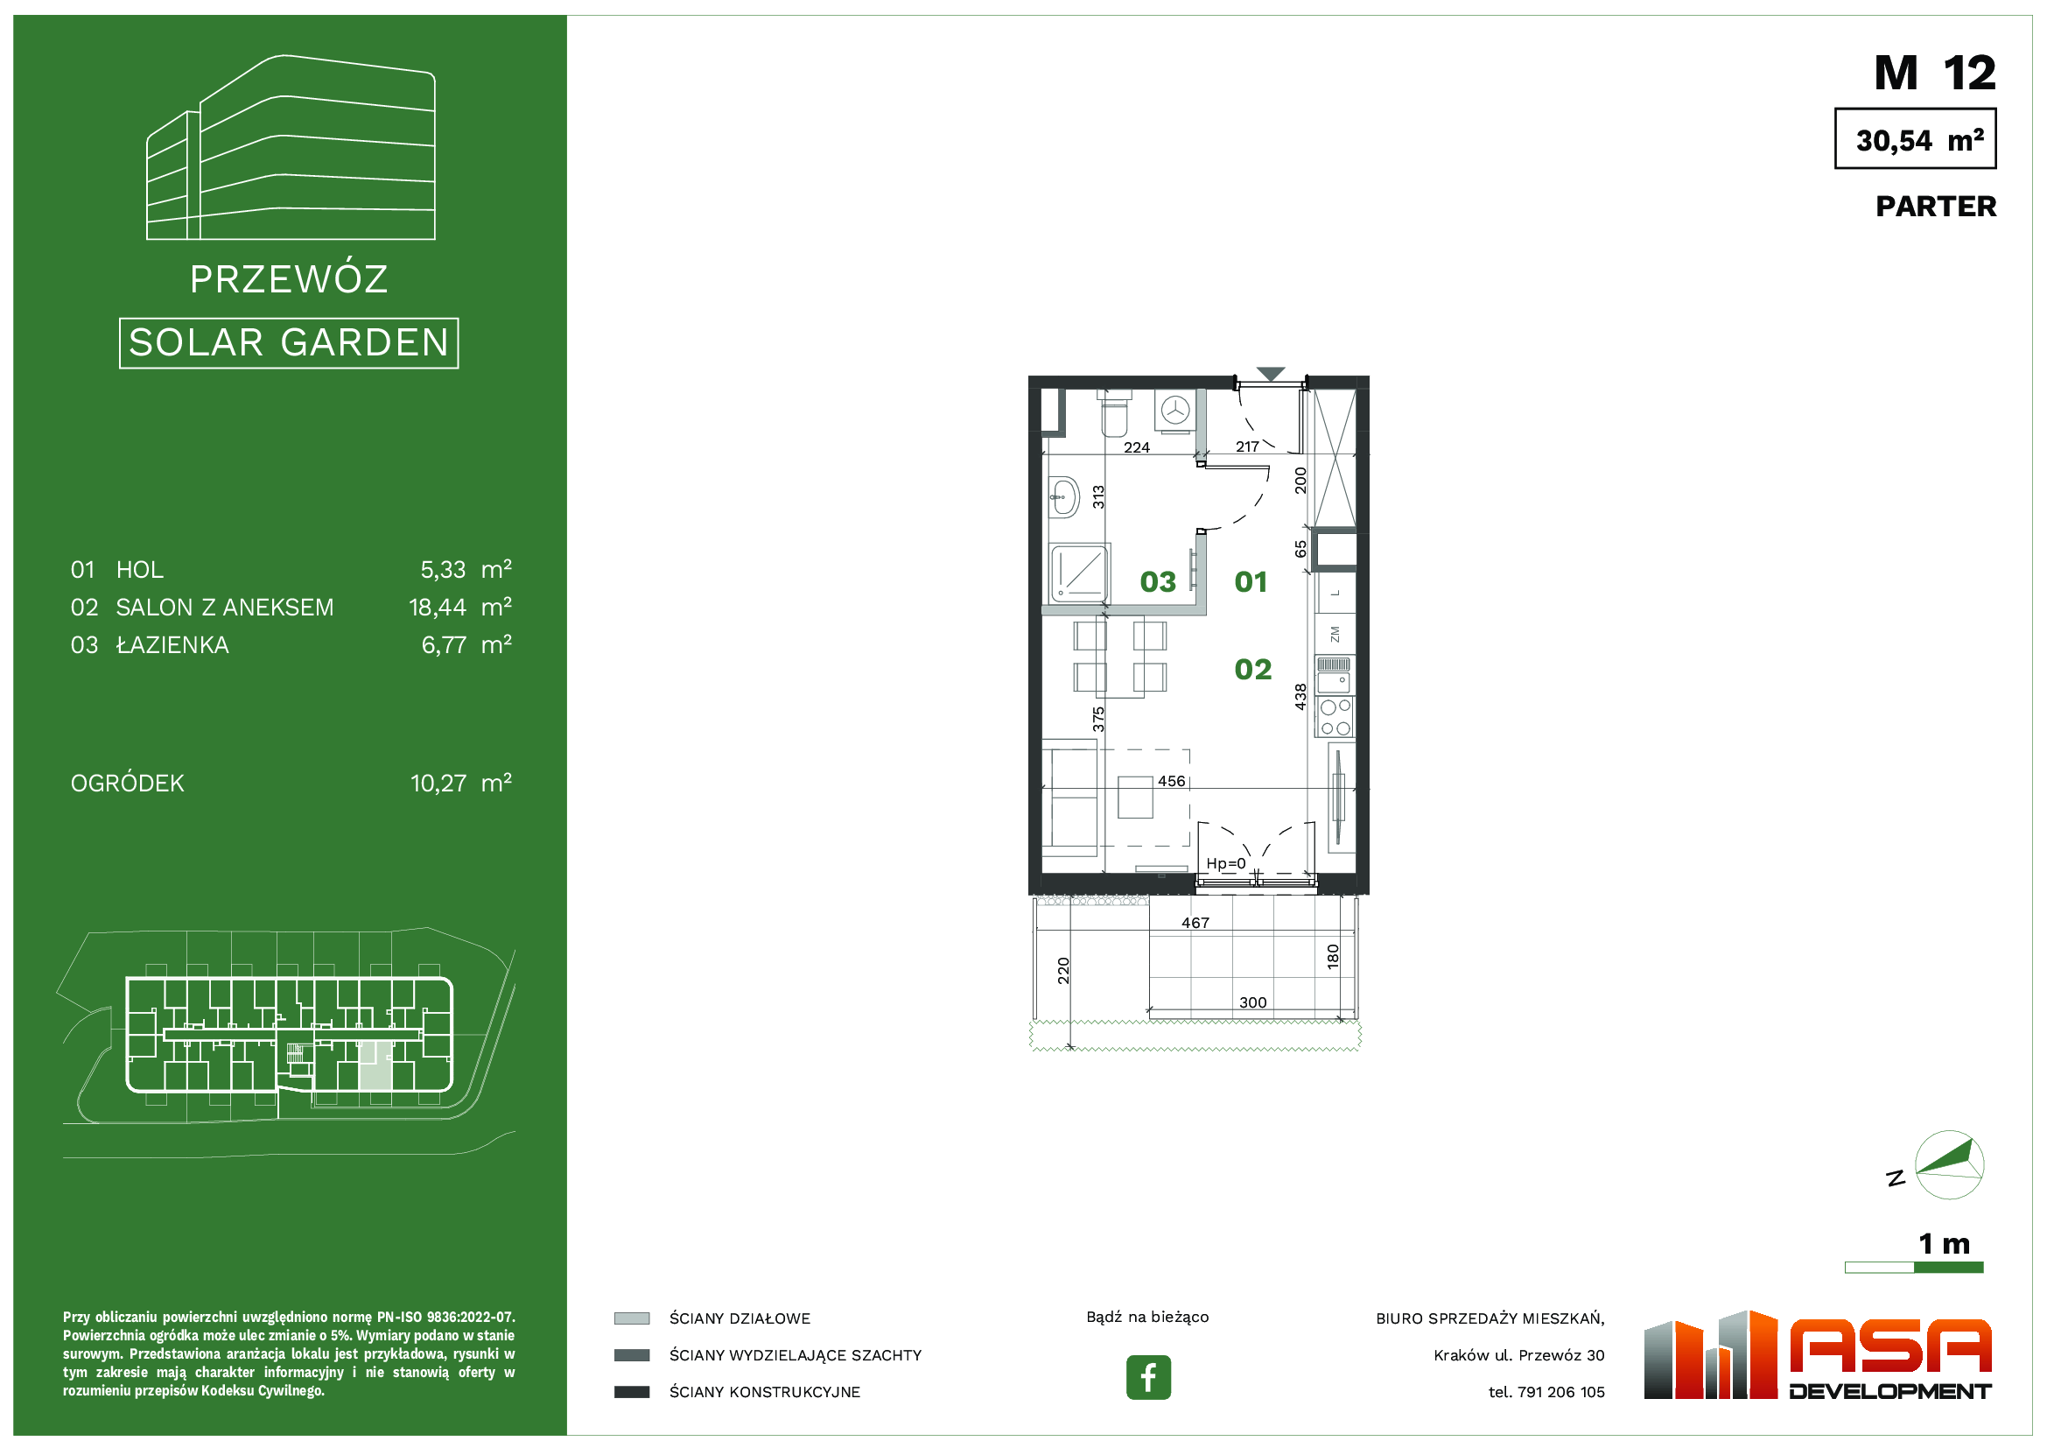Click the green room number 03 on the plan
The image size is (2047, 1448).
coord(1158,582)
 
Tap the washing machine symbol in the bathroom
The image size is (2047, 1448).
coord(1176,411)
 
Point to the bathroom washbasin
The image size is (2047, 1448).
coord(1062,496)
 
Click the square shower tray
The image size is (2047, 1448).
coord(1080,573)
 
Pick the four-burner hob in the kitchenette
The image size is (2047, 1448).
coord(1335,718)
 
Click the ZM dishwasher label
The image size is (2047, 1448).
coord(1335,634)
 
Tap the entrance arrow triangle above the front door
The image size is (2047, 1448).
coord(1271,374)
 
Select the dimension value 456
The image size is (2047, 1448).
coord(1172,781)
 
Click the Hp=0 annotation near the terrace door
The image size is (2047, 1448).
coord(1226,863)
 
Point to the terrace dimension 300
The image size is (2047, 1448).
coord(1252,1002)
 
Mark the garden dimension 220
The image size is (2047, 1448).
coord(1063,970)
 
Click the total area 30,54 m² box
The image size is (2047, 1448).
coord(1915,139)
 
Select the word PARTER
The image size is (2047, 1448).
coord(1936,207)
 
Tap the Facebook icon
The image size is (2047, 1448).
coord(1148,1378)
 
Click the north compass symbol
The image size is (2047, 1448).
coord(1949,1164)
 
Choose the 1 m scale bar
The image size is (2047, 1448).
coord(1914,1267)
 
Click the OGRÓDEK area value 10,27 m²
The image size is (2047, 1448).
coord(461,784)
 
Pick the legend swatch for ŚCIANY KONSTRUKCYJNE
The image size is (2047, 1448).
coord(631,1392)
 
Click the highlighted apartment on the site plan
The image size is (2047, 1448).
coord(375,1066)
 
